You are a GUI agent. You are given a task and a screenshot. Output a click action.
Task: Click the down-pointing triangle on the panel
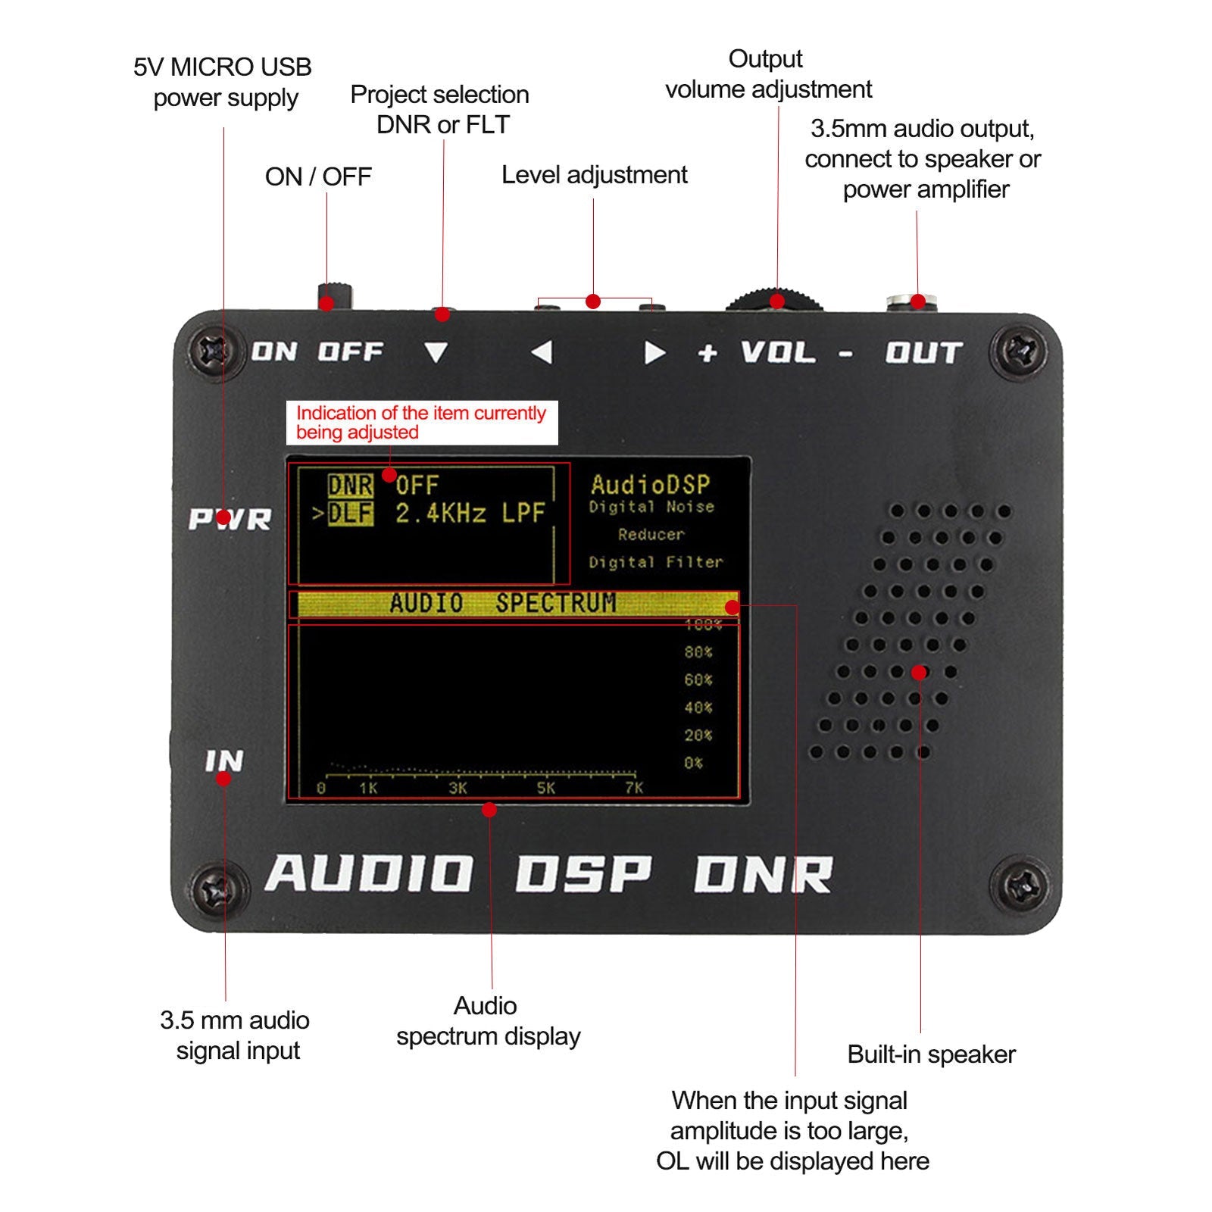436,352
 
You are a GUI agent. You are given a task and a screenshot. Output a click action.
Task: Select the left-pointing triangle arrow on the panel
542,352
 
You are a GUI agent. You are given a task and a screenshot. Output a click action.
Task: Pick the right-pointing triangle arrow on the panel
654,353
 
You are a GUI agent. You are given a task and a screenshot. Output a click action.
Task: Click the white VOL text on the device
777,353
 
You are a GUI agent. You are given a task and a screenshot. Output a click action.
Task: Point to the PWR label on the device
230,520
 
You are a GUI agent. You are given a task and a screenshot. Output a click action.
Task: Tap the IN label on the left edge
224,761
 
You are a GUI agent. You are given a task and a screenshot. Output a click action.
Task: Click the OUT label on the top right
923,353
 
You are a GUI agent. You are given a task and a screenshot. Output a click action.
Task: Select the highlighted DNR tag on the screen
350,486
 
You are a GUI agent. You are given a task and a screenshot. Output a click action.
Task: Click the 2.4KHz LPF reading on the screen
470,514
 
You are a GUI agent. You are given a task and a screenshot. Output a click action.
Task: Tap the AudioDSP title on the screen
650,484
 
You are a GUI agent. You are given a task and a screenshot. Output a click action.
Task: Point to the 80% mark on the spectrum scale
698,652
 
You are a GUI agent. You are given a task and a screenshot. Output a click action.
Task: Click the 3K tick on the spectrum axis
458,789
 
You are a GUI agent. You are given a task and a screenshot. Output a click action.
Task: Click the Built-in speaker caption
931,1054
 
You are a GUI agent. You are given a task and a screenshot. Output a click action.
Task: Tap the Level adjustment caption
594,175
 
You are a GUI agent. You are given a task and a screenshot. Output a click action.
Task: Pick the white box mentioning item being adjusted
421,423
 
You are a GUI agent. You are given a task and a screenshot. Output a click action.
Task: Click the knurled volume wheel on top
774,300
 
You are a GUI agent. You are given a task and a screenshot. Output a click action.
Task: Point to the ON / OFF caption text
318,177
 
